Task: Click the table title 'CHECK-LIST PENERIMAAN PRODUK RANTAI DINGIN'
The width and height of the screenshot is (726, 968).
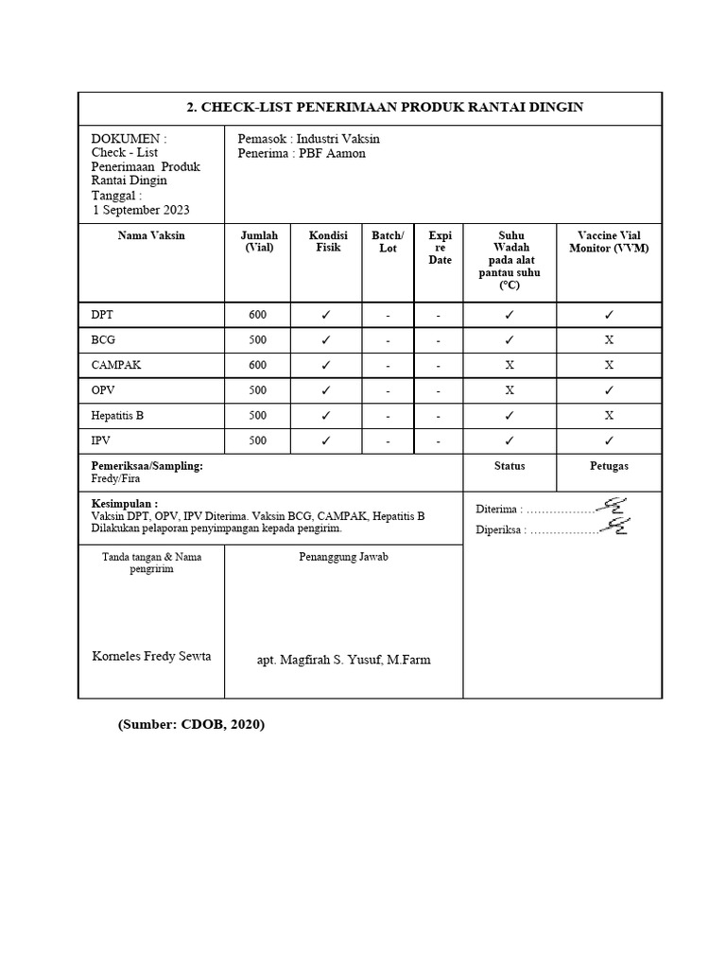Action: (385, 107)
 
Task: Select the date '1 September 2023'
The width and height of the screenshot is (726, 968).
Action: (142, 210)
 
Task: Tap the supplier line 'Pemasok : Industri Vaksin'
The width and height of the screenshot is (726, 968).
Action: (309, 138)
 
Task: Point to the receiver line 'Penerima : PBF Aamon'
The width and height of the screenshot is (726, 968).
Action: (302, 153)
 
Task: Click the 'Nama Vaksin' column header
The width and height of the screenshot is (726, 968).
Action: (151, 235)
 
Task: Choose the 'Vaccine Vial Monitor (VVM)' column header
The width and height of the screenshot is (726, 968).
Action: (609, 242)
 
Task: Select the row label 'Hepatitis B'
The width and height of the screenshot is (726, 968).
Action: (118, 415)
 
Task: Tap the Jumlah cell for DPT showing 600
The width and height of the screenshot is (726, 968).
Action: (257, 315)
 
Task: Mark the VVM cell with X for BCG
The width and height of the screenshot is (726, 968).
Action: (609, 340)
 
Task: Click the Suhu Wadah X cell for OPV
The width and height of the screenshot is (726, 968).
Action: (510, 390)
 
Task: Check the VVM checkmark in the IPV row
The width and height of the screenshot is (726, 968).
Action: (609, 441)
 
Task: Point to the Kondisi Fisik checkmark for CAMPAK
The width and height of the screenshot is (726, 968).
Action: (325, 365)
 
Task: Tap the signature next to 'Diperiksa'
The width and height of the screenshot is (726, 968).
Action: (615, 526)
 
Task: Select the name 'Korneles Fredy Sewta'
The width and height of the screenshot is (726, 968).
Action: (151, 656)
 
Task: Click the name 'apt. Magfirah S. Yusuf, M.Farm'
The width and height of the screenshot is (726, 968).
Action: (343, 660)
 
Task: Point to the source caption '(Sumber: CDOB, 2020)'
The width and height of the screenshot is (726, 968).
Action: (191, 725)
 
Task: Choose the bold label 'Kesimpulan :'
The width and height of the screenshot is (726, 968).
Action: (124, 504)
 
